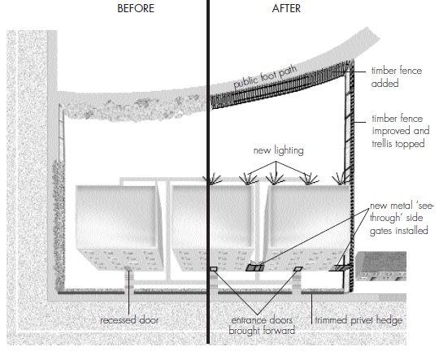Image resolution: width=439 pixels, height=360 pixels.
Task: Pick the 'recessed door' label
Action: tap(129, 320)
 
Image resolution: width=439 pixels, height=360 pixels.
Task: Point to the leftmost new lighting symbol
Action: tap(216, 177)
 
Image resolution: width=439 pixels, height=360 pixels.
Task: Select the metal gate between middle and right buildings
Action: tap(255, 267)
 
